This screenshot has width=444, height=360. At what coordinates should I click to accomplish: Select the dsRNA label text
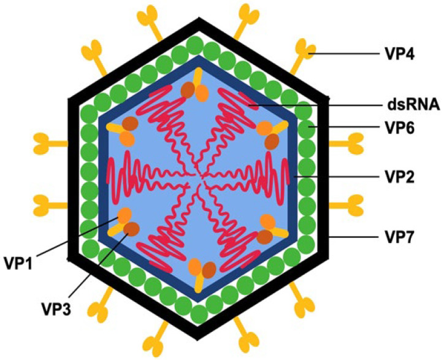pos(411,105)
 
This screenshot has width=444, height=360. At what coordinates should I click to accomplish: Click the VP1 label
pos(19,263)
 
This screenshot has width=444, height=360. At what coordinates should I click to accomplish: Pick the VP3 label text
pos(56,308)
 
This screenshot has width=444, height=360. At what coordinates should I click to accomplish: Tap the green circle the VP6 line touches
pos(308,128)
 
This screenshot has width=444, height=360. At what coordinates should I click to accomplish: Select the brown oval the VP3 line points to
pos(131,229)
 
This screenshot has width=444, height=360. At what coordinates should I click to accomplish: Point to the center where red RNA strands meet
pos(198,179)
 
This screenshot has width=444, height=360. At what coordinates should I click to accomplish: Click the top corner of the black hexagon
pos(199,18)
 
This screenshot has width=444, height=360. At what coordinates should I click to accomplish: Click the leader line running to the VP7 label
pos(354,237)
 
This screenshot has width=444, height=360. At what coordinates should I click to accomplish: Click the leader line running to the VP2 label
pos(337,177)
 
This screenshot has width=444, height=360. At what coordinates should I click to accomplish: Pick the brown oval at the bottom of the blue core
pos(209,269)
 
